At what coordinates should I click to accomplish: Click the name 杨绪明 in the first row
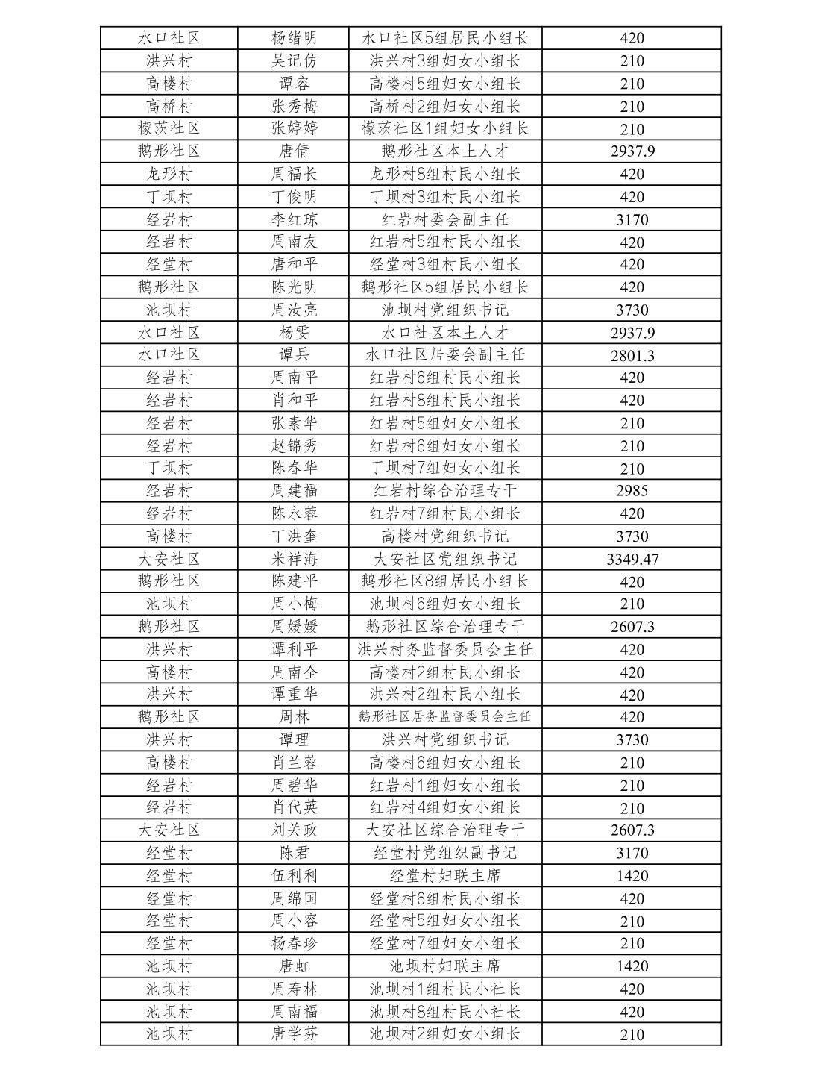click(x=294, y=38)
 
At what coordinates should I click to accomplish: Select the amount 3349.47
click(x=632, y=559)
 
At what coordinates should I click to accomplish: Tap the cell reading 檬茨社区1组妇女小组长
click(x=444, y=128)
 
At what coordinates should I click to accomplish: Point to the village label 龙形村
click(x=169, y=174)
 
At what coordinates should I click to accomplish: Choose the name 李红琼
click(x=294, y=219)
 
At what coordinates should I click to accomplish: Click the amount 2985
click(x=632, y=491)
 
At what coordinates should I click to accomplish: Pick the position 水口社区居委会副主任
click(x=444, y=354)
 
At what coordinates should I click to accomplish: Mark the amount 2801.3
click(x=632, y=355)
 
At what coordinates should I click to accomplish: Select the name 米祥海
click(x=294, y=559)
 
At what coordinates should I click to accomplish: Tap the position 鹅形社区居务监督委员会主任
click(x=444, y=717)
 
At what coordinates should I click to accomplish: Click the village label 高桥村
click(x=169, y=106)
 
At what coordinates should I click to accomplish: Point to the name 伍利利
click(x=294, y=875)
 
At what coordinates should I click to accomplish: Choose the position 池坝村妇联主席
click(x=444, y=966)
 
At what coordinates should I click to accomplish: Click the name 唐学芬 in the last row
click(x=294, y=1034)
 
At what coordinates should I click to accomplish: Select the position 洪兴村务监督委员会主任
click(x=444, y=649)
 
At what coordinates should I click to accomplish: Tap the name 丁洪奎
click(x=294, y=536)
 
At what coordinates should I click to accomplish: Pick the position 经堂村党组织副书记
click(x=444, y=853)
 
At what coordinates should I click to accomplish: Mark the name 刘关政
click(x=294, y=830)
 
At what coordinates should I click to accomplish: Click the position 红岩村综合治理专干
click(x=444, y=491)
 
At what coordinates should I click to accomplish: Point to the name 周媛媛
click(x=294, y=627)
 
